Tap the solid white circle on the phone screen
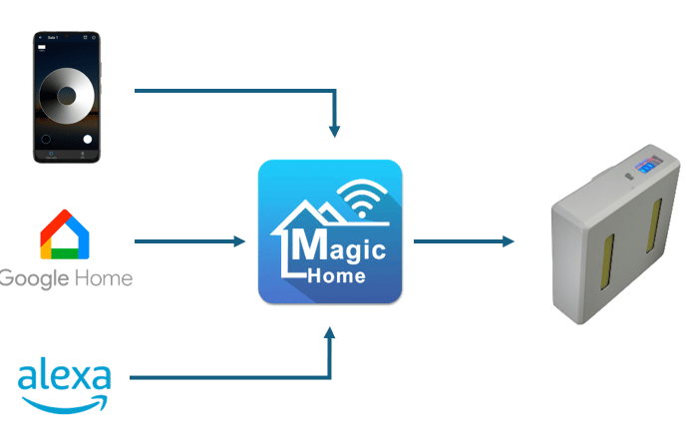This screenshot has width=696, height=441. coord(88,139)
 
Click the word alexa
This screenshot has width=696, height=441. coord(65,379)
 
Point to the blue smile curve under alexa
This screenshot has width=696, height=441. coord(65,403)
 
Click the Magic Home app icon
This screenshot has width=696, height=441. coord(330,231)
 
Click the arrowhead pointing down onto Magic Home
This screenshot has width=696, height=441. coord(336,130)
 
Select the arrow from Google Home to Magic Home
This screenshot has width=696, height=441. coord(189,241)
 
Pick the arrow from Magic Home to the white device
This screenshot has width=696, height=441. coord(464,241)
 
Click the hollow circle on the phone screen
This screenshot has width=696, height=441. coord(45,139)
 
